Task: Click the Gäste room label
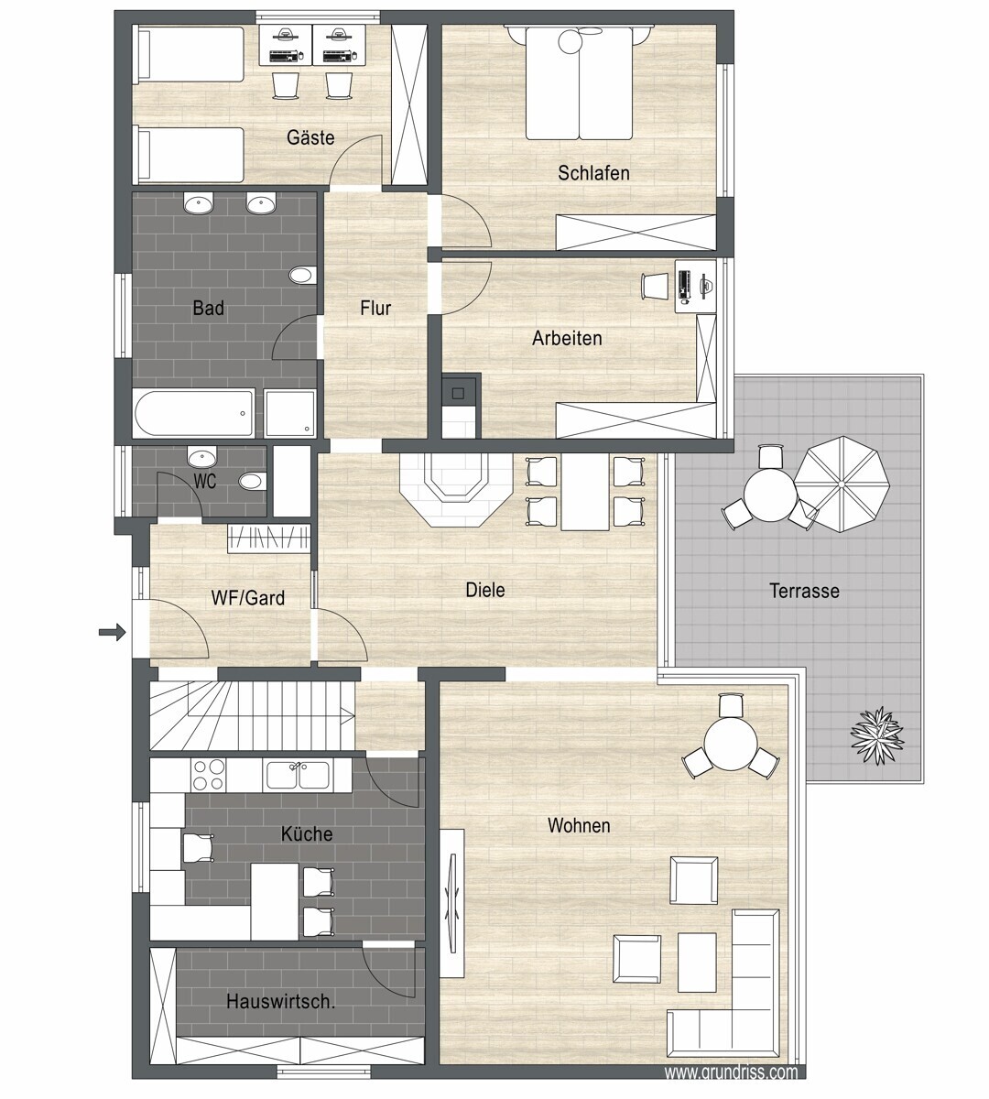[x=310, y=137]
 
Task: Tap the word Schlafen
[x=593, y=173]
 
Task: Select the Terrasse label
[x=804, y=591]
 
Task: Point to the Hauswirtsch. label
[x=280, y=1002]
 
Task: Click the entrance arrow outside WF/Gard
[x=113, y=633]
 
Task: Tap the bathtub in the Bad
[x=194, y=414]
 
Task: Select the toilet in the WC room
[x=253, y=482]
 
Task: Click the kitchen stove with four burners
[x=208, y=775]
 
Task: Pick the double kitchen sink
[x=298, y=775]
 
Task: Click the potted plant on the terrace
[x=877, y=734]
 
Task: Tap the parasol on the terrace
[x=842, y=484]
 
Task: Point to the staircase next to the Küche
[x=252, y=715]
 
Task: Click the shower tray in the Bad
[x=290, y=414]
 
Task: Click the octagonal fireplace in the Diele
[x=455, y=490]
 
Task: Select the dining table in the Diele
[x=584, y=492]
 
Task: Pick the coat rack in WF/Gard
[x=269, y=539]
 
